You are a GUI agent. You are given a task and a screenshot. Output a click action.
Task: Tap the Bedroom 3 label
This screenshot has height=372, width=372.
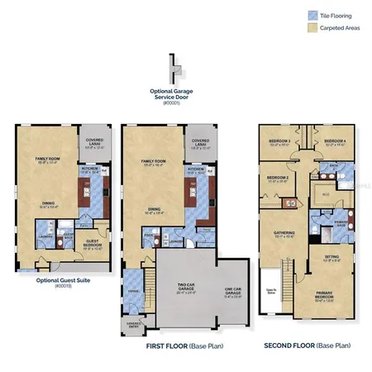[x=279, y=142]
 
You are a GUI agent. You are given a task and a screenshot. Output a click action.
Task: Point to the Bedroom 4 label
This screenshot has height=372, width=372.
[x=332, y=142]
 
